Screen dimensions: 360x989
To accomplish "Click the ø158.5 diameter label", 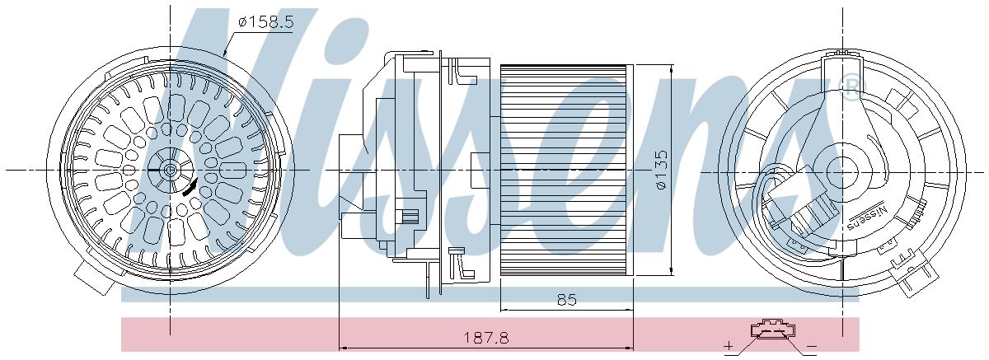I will click(x=265, y=22).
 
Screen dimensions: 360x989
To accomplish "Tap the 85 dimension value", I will click(x=565, y=300).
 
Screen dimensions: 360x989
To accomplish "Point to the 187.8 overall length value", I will click(x=485, y=338).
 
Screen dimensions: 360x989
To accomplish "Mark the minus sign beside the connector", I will click(x=813, y=344).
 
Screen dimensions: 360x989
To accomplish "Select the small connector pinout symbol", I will click(x=772, y=330).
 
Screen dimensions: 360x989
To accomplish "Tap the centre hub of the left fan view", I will click(x=170, y=171).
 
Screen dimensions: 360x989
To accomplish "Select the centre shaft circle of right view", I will click(x=846, y=171).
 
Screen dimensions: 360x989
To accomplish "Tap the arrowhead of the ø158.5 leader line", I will click(x=224, y=54).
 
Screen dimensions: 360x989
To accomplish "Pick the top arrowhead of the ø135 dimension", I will click(x=675, y=72).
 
